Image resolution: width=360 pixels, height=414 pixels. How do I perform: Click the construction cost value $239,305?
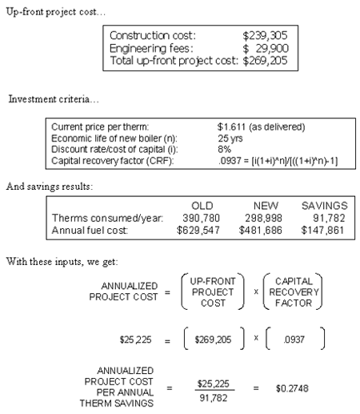[265, 35]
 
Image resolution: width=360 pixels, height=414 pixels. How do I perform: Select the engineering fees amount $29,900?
[266, 48]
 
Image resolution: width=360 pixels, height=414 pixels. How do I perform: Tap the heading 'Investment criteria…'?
[54, 99]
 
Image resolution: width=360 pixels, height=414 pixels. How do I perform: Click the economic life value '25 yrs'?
[230, 139]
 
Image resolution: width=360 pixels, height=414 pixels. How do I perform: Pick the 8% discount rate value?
[224, 149]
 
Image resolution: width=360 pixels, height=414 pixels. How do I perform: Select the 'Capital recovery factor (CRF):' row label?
[112, 161]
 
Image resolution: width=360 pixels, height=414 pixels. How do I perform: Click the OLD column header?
[202, 206]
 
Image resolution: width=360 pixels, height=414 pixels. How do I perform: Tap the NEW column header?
[266, 206]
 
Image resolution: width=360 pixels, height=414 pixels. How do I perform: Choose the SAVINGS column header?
[325, 206]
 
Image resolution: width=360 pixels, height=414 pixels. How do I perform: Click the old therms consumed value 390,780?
[201, 218]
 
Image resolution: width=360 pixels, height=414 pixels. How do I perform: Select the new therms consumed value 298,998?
[263, 218]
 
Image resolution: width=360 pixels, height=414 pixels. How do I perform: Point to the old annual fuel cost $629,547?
[198, 230]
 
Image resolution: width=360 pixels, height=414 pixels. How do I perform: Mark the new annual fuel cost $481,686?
[260, 230]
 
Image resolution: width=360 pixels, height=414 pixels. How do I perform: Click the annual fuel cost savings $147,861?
[322, 230]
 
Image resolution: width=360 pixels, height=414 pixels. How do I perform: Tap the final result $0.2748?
[292, 388]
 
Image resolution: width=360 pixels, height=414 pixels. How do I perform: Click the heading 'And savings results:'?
[50, 187]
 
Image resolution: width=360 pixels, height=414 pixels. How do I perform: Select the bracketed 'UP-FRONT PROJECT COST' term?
[213, 292]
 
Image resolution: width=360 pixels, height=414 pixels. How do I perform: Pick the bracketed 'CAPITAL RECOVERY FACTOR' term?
[294, 292]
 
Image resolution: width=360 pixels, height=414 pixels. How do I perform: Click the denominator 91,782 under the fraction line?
[214, 398]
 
